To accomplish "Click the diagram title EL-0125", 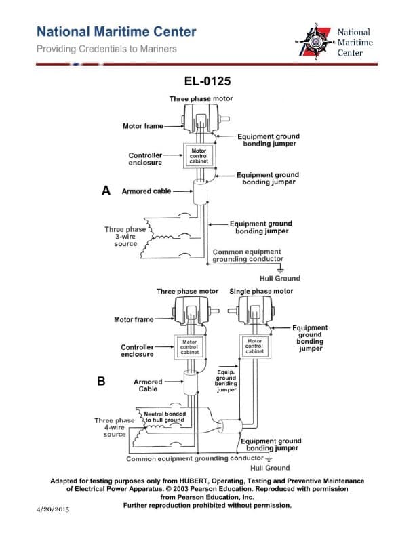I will (x=207, y=82).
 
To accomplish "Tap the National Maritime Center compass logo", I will (x=315, y=41).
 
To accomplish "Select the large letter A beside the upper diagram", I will (x=106, y=191).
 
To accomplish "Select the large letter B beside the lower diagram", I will (x=102, y=381).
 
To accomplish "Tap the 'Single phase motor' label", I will (x=261, y=291).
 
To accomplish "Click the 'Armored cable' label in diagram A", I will (x=146, y=191).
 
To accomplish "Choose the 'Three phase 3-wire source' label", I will (x=125, y=237).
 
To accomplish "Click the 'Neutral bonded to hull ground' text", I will (x=165, y=417).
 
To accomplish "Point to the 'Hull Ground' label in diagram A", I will (x=279, y=278).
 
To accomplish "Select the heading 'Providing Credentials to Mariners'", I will (x=106, y=49).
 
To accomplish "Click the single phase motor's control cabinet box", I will (x=254, y=347).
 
